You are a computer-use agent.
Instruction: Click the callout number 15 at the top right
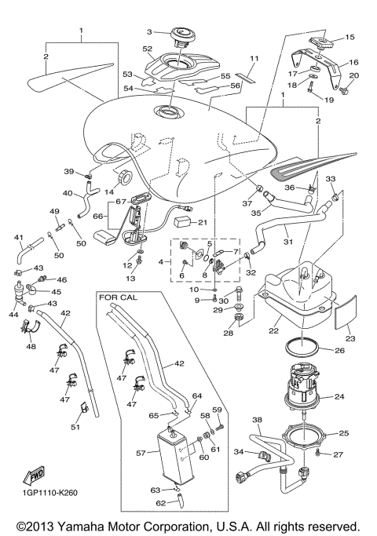(x=350, y=36)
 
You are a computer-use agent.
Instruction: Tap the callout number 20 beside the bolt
(x=353, y=75)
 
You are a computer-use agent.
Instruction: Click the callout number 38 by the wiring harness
(x=257, y=421)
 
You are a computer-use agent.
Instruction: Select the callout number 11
(x=253, y=59)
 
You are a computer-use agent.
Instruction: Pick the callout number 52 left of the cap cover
(x=147, y=49)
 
